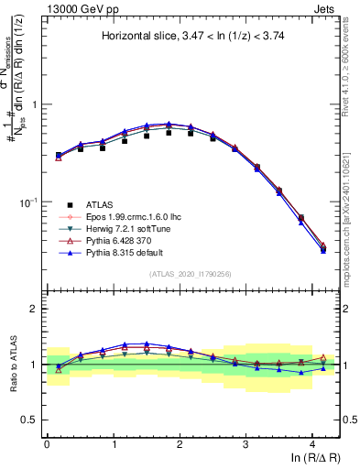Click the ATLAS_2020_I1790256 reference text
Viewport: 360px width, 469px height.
[x=191, y=273]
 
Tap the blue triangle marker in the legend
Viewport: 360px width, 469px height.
[x=69, y=251]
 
